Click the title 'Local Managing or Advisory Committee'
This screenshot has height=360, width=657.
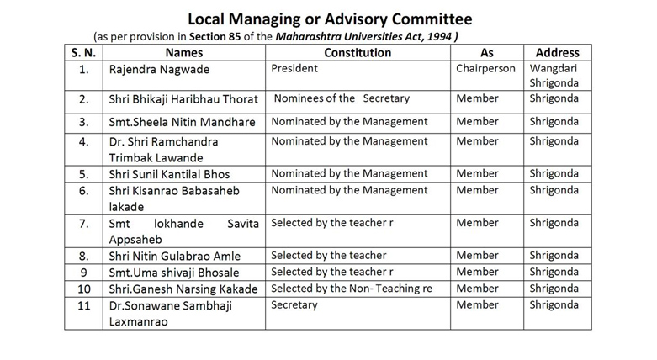330,19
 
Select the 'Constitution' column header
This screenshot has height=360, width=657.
358,52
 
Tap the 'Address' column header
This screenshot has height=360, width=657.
557,52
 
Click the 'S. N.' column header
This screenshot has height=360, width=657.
83,52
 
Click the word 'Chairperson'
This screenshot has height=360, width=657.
485,68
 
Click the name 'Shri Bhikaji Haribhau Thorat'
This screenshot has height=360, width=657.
183,100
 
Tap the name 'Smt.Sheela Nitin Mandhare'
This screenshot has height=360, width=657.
182,122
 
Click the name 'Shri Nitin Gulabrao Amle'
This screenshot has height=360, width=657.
174,256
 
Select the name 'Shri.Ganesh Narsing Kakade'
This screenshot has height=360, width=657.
182,289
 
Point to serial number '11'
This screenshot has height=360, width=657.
83,305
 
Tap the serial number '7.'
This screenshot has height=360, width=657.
83,224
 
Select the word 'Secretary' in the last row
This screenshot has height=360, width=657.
294,304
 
